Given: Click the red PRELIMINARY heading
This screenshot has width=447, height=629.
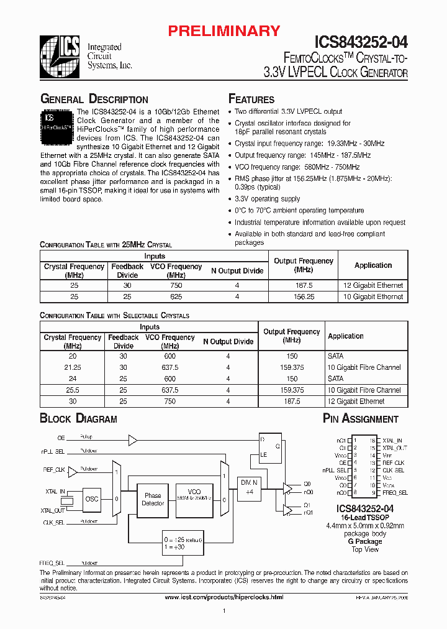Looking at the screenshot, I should (x=225, y=30).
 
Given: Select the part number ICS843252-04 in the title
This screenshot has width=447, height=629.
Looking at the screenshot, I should (x=361, y=42).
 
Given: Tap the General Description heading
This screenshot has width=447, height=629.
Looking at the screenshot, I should (x=94, y=99).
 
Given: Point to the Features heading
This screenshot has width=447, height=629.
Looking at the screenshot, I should (x=251, y=99).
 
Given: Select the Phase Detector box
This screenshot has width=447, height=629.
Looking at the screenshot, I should (x=153, y=499).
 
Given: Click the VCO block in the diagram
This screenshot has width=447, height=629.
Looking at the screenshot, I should (x=195, y=494).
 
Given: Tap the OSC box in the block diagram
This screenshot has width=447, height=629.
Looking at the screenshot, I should (x=92, y=498).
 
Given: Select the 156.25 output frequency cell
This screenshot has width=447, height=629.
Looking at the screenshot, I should (x=303, y=297).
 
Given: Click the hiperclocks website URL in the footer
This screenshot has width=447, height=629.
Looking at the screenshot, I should (x=223, y=597).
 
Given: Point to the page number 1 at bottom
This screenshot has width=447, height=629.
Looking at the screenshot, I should (x=223, y=612).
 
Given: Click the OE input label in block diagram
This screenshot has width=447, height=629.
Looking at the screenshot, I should (x=61, y=437).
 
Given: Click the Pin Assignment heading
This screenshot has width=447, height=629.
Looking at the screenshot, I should (x=361, y=419).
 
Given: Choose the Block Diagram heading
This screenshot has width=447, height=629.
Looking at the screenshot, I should (x=78, y=419).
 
